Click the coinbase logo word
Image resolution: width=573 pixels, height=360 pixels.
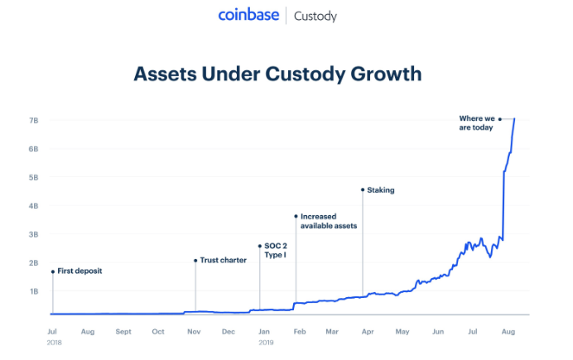tap(248, 15)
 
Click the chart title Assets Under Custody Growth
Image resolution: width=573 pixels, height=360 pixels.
tap(278, 74)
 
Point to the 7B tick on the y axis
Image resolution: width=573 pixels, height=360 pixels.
tap(34, 120)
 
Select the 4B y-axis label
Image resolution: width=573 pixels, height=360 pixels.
tap(34, 205)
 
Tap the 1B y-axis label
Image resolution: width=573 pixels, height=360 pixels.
tap(34, 291)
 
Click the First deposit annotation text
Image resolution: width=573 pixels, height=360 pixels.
tap(79, 271)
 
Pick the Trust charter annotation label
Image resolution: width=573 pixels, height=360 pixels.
tap(223, 260)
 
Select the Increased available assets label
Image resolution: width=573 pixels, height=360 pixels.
tap(330, 221)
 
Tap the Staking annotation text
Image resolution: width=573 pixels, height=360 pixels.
tap(381, 190)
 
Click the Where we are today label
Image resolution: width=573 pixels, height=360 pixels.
tap(476, 123)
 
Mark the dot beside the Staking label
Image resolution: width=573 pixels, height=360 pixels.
tap(362, 190)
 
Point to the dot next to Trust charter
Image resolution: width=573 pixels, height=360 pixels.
tap(195, 260)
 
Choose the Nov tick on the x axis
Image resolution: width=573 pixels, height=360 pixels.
tap(194, 331)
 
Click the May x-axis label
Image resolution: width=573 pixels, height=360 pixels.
tap(402, 331)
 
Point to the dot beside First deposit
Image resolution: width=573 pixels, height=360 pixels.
tap(52, 271)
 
